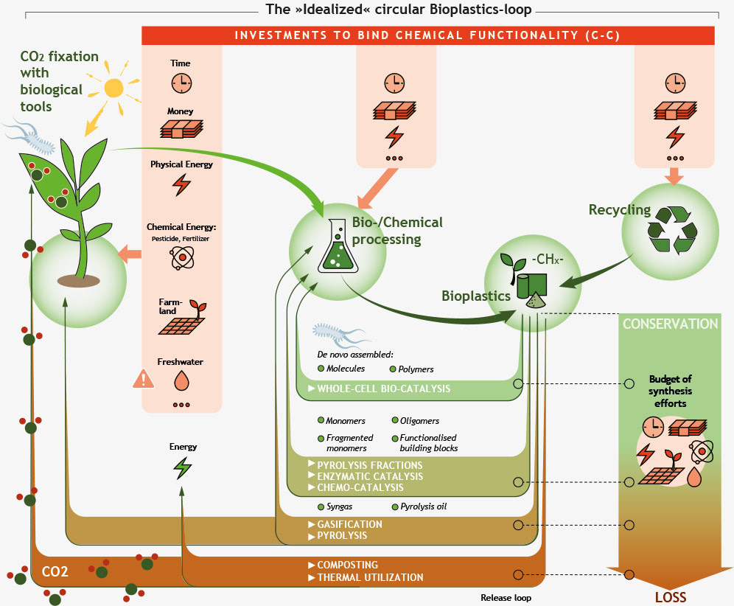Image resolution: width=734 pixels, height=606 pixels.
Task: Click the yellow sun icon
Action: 113,88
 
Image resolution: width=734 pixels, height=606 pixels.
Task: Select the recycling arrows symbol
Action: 671,230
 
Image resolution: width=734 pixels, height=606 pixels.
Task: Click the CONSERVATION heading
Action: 669,324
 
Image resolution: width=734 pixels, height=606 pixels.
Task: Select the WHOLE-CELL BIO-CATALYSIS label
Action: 383,389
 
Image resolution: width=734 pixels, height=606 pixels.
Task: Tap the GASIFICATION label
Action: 350,524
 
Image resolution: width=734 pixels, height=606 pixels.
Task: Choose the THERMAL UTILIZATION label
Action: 370,577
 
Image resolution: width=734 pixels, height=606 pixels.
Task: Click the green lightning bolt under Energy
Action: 181,467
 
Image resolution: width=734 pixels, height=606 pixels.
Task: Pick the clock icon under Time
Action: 181,83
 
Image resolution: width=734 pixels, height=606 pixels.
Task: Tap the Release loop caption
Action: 506,598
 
